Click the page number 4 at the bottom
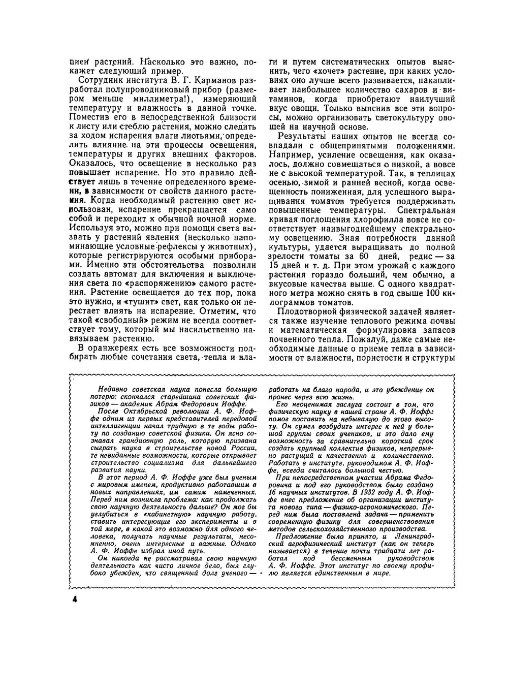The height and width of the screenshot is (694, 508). pos(74,599)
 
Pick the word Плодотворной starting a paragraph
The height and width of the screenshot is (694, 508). pos(307,312)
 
